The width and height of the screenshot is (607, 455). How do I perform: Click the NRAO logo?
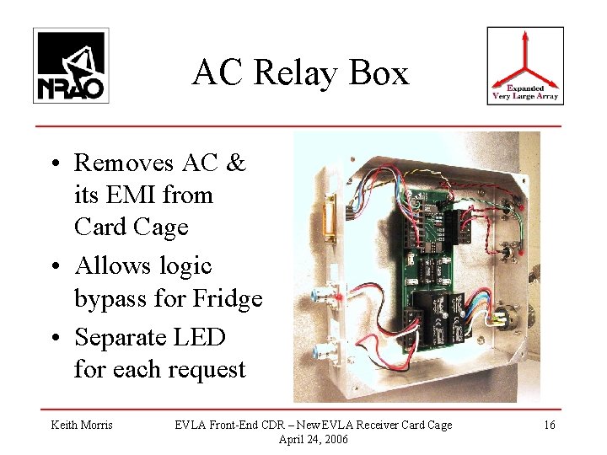click(71, 65)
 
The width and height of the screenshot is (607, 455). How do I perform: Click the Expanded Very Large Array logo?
click(525, 65)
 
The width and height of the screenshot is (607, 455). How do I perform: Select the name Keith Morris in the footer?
click(82, 425)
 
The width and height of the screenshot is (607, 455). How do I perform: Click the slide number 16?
click(549, 425)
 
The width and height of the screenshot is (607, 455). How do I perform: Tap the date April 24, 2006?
click(312, 439)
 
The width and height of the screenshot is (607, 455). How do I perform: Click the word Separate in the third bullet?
click(117, 337)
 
